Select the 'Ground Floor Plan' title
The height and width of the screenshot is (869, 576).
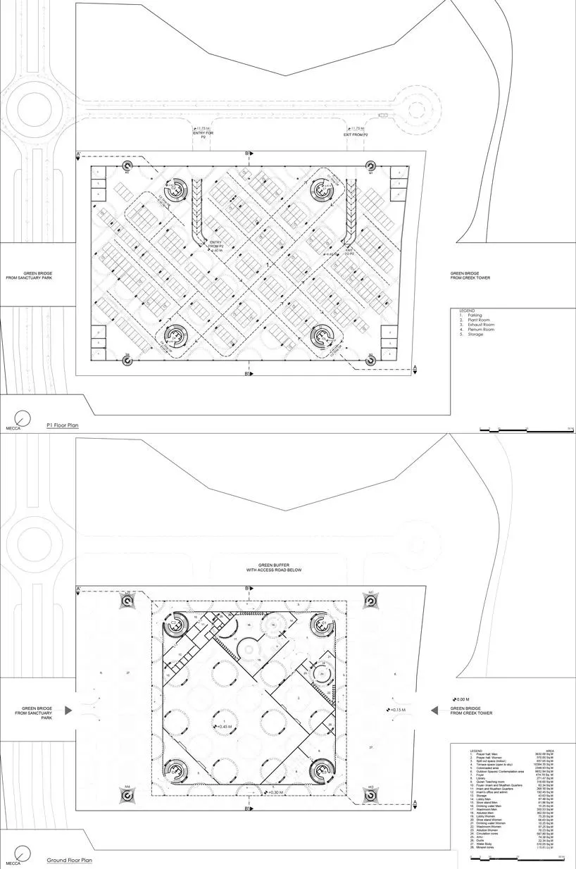click(x=70, y=861)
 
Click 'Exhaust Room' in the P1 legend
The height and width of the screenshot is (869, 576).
click(x=474, y=325)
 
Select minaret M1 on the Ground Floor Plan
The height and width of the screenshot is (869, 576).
click(x=371, y=600)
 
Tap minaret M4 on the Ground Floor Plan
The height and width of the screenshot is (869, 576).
click(x=127, y=793)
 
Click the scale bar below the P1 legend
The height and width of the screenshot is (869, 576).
click(x=525, y=429)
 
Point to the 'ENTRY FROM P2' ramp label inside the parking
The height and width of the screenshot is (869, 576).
click(x=215, y=246)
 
